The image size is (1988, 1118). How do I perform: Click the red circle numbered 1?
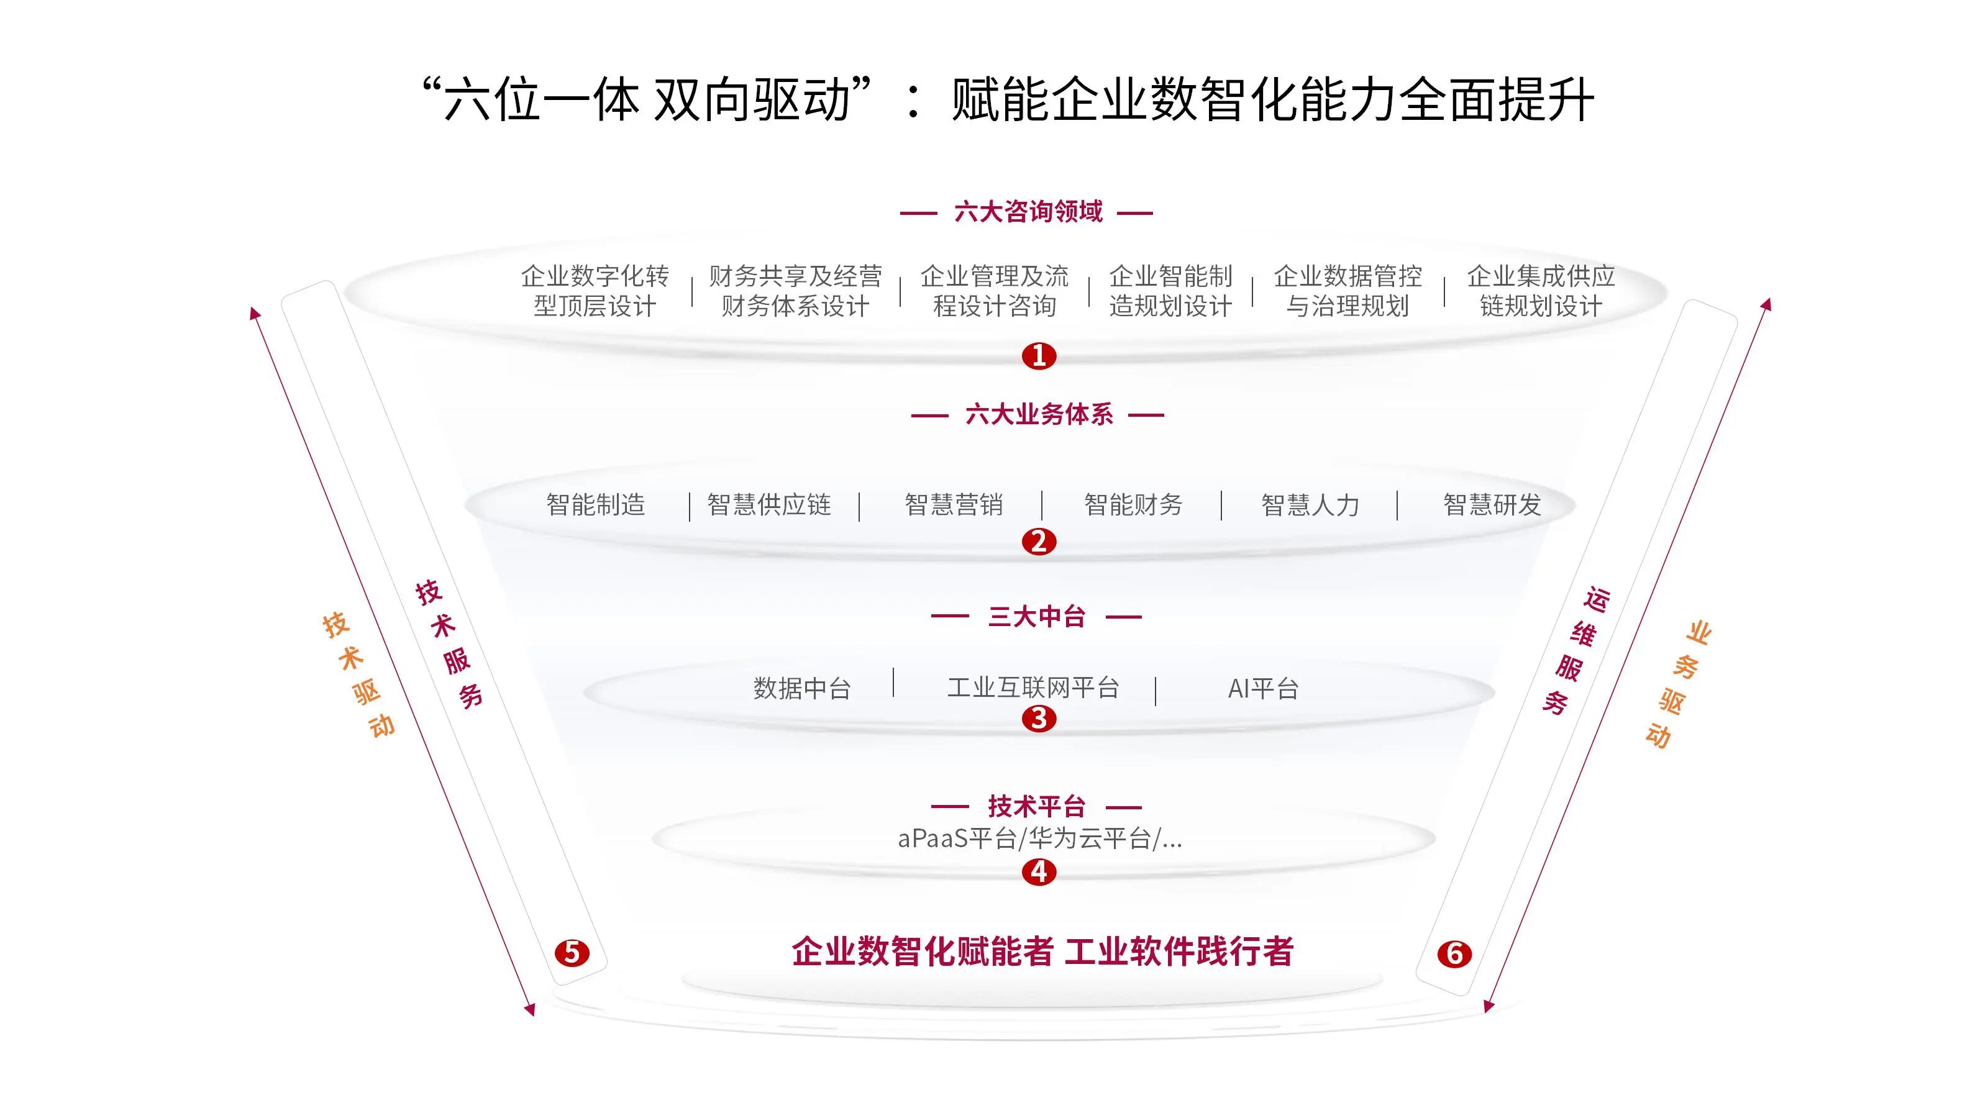pos(1039,356)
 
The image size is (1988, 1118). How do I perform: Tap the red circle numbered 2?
pos(1039,542)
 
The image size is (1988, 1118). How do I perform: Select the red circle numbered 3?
pos(1039,719)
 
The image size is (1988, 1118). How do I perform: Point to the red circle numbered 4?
pos(1039,872)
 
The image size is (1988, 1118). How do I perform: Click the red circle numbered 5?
pos(572,953)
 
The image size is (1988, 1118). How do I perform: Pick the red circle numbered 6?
pos(1455,955)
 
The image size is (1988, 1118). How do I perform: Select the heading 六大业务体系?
pos(1039,414)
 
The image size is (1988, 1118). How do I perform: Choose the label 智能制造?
pos(596,504)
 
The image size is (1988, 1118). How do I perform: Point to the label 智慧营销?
pos(954,504)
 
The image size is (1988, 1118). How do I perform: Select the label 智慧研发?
pos(1492,504)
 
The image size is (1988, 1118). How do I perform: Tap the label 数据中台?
pos(802,688)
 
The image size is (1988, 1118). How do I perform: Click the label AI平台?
pos(1264,688)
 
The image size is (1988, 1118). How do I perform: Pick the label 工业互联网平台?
pos(1033,687)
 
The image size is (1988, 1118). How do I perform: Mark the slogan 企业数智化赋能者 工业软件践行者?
pos(1042,952)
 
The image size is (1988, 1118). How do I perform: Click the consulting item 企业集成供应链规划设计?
pos(1541,291)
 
